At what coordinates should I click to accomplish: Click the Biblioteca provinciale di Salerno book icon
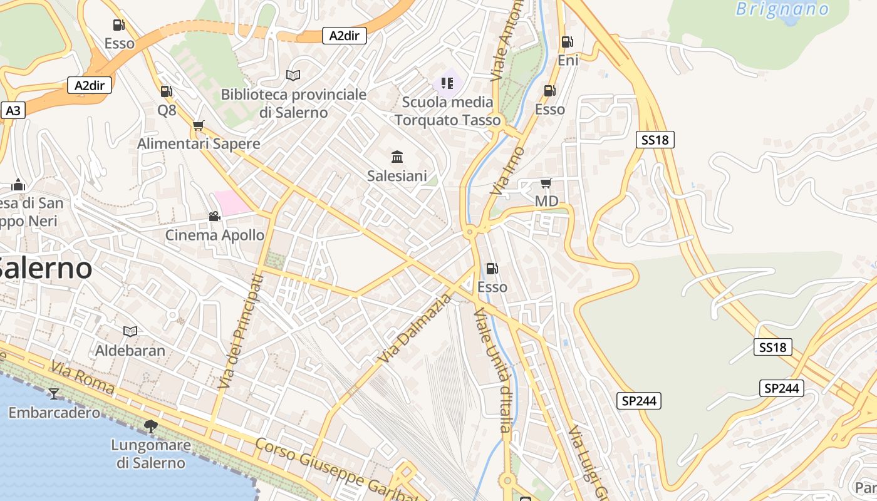point(293,75)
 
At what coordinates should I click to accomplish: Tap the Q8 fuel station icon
point(166,91)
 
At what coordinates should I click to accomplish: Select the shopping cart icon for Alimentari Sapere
point(199,125)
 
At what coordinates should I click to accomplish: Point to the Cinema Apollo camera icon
point(214,216)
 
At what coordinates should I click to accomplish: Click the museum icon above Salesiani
point(397,157)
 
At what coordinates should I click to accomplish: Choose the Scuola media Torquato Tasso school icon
point(447,83)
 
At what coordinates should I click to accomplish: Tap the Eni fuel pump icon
point(567,42)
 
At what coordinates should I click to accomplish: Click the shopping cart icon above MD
point(546,183)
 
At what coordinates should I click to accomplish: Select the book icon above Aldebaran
point(130,331)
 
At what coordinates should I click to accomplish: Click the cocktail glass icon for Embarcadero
point(54,393)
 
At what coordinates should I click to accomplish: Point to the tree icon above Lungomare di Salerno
point(150,426)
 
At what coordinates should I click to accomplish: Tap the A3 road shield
point(13,111)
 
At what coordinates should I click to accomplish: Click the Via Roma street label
point(83,378)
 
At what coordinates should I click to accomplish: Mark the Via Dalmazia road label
point(415,329)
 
